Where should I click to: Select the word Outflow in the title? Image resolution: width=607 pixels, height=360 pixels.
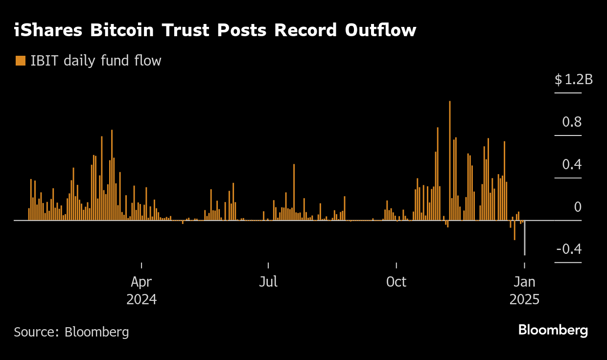(x=380, y=30)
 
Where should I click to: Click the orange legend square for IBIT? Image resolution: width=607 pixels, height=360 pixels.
(x=21, y=61)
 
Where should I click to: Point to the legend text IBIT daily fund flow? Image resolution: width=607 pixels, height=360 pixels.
(x=95, y=61)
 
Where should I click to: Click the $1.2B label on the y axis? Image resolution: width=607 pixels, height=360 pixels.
(x=573, y=79)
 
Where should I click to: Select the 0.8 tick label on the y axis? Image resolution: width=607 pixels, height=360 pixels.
(x=571, y=122)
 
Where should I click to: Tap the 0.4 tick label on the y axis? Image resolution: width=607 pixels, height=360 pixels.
(x=571, y=164)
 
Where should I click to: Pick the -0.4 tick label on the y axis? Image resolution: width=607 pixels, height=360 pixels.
(x=569, y=249)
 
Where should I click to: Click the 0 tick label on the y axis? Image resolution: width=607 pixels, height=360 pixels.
(x=578, y=207)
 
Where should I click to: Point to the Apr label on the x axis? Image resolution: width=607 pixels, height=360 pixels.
(x=141, y=282)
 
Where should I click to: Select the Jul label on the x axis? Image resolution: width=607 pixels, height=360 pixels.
(x=268, y=282)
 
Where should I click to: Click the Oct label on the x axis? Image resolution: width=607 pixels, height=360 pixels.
(x=396, y=282)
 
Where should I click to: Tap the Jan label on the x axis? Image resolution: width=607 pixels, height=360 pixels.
(x=524, y=282)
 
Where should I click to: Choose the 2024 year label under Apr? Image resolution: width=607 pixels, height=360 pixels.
(x=141, y=299)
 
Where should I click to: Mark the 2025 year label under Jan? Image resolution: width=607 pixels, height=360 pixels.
(x=524, y=299)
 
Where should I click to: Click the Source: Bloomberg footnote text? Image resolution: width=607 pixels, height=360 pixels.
(x=71, y=332)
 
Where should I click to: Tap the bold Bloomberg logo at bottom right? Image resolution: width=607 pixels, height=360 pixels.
(x=553, y=330)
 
